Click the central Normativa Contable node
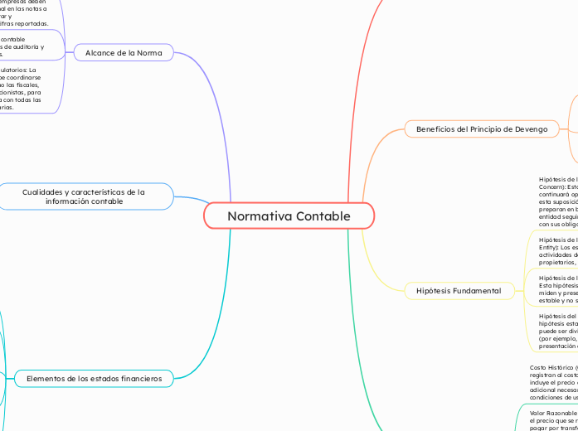pyautogui.click(x=289, y=216)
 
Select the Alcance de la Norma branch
pyautogui.click(x=124, y=53)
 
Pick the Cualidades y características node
pyautogui.click(x=84, y=196)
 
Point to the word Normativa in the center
pyautogui.click(x=257, y=216)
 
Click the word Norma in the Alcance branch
pyautogui.click(x=150, y=53)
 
